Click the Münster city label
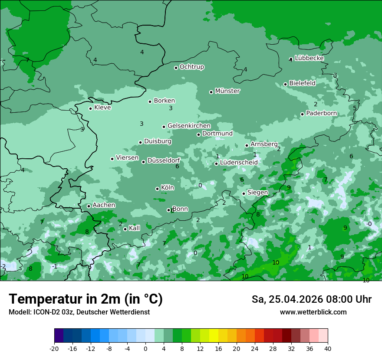click(x=227, y=91)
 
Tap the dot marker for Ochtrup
click(x=176, y=68)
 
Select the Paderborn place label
click(x=321, y=113)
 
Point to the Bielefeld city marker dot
click(x=286, y=84)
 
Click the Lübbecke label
click(x=309, y=58)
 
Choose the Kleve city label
click(x=102, y=108)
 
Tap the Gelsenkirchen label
click(x=189, y=126)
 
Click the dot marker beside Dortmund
click(x=199, y=134)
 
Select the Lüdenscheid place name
click(x=239, y=163)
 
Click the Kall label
click(x=134, y=228)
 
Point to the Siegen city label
click(x=257, y=193)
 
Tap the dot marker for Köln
click(x=158, y=189)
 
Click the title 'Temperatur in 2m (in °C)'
click(x=86, y=299)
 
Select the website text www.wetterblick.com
click(x=313, y=312)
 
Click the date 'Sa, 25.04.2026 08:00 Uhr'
click(x=311, y=300)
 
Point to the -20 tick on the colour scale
click(x=54, y=348)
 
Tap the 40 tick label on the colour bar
click(x=328, y=348)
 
